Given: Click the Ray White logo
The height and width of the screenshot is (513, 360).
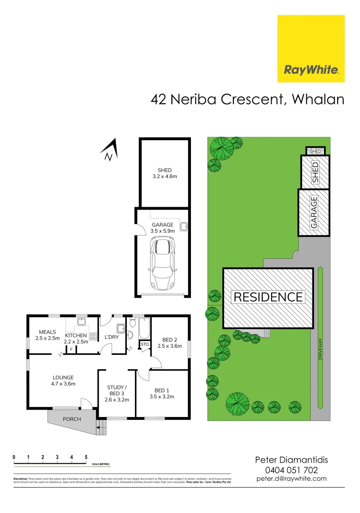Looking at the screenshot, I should coord(311,48).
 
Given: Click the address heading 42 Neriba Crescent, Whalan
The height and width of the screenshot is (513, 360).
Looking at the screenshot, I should coord(247,99).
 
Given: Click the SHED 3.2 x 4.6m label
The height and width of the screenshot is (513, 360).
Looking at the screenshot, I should coord(164,173).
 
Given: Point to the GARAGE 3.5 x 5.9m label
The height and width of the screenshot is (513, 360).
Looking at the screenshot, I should coord(162,228).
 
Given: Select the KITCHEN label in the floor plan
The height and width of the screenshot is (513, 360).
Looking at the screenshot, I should coord(76,338).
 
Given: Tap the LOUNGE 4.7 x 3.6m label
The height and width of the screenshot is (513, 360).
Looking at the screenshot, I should coord(63,380).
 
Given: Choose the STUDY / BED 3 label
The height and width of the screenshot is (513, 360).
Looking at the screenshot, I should coord(116,393).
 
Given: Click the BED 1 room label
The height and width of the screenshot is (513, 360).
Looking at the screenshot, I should coord(162,393).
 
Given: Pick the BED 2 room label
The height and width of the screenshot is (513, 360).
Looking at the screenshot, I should coord(170,342).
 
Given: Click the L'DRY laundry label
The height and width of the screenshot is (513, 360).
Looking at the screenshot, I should coord(111,338).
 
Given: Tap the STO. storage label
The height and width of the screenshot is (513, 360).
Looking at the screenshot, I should coord(144,344).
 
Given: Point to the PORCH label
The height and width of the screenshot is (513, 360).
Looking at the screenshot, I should coord(72,419).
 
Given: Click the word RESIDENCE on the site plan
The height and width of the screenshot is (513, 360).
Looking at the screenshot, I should coord(268,297).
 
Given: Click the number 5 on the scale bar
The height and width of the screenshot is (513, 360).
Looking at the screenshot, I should coord(86,457).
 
